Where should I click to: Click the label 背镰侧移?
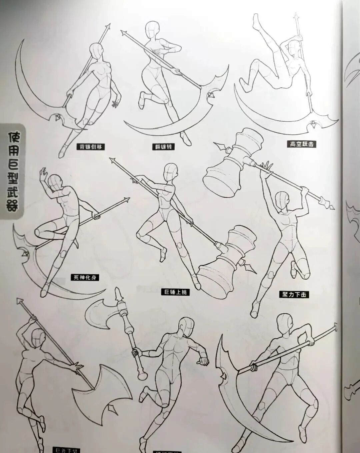tap(89, 147)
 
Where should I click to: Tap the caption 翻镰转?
tap(163, 147)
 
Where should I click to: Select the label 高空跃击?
tap(301, 144)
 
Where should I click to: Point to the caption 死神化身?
tap(85, 277)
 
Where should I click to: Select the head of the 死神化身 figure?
tap(54, 182)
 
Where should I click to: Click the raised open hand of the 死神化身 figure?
tap(43, 173)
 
